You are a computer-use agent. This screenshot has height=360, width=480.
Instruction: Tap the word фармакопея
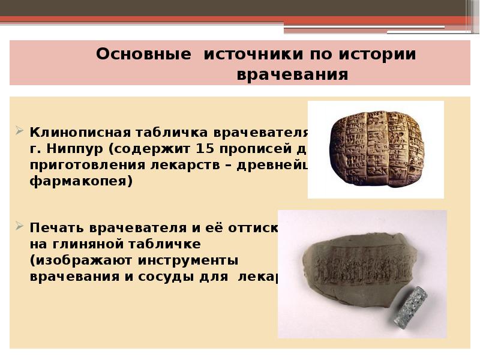tap(79, 181)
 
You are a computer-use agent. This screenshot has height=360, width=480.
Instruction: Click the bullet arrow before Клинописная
tap(19, 131)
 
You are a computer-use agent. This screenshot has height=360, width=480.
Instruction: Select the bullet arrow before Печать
tap(19, 227)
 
